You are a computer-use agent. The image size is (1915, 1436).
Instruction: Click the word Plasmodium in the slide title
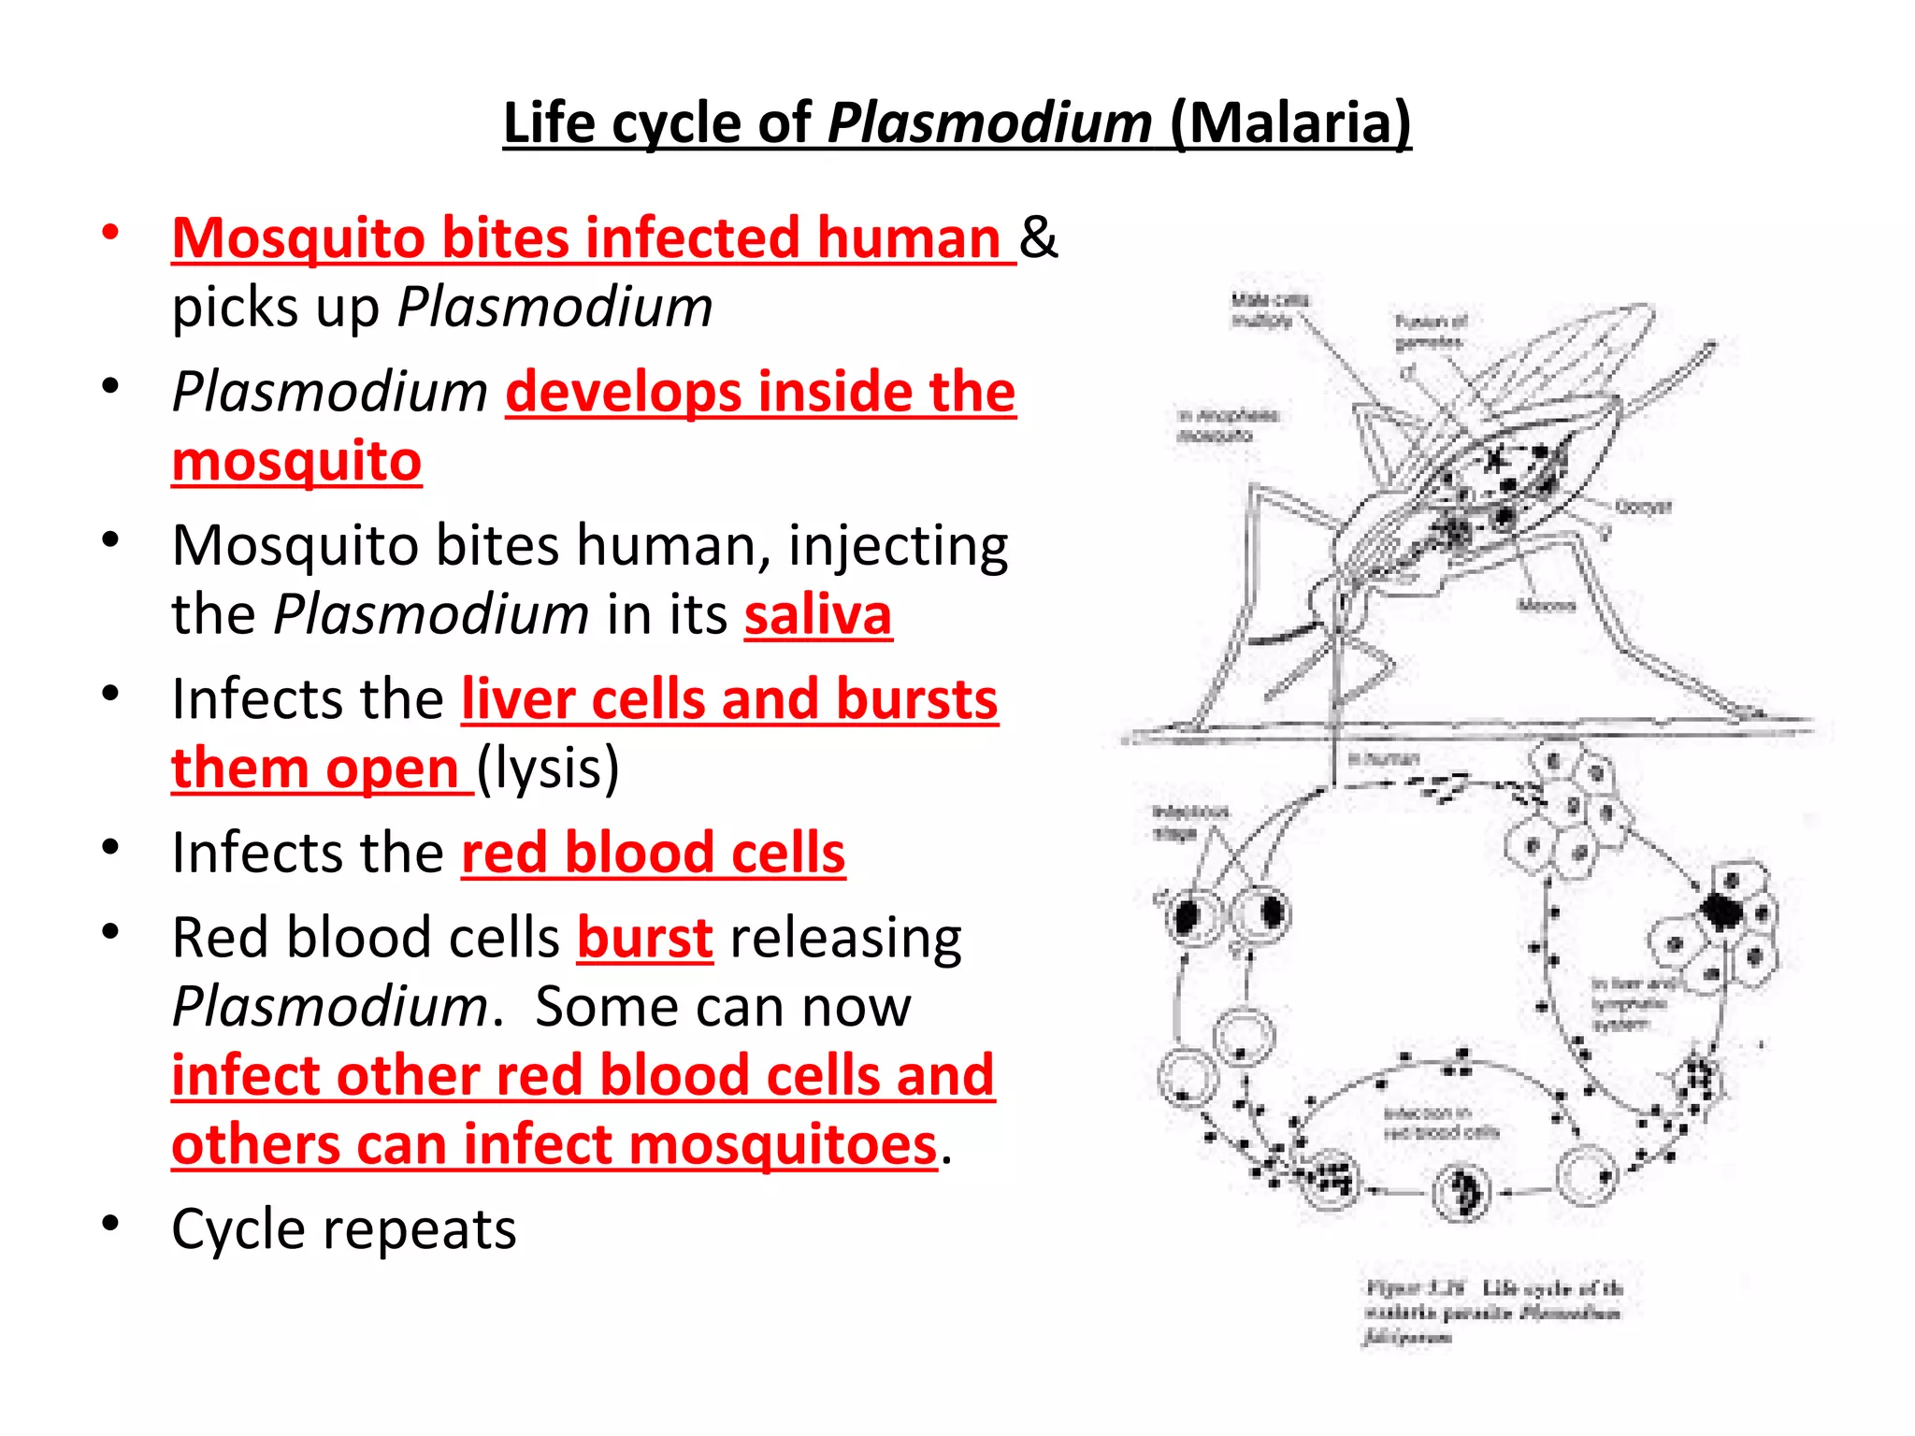(989, 123)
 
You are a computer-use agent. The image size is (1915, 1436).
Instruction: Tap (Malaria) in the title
(1290, 123)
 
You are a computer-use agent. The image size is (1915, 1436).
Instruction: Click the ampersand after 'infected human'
(1038, 237)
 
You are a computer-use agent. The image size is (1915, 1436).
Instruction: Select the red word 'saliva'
(818, 615)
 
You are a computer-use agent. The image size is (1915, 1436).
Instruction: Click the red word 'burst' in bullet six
(645, 938)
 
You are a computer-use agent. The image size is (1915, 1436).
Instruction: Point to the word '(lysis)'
(548, 768)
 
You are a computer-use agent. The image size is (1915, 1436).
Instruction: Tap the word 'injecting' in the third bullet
(899, 546)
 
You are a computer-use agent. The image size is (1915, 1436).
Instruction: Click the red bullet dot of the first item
(110, 232)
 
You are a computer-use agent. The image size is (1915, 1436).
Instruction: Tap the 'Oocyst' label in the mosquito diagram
(1643, 507)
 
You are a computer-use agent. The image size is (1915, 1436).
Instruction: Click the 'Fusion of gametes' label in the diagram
(1430, 332)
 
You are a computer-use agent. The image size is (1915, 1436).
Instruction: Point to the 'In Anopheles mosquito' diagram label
(1227, 425)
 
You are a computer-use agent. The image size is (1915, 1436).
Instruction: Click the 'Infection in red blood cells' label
(1440, 1122)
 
